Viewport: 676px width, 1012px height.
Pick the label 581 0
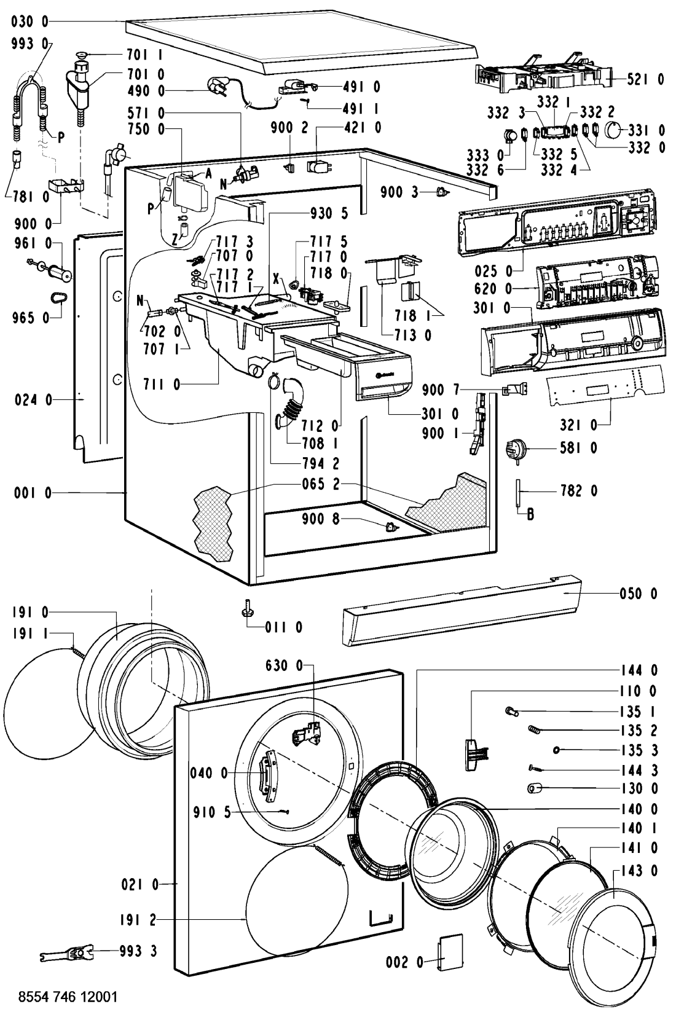tap(579, 449)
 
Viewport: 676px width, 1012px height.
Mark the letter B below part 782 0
tap(530, 516)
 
